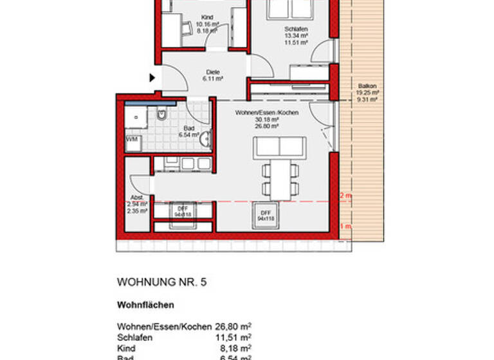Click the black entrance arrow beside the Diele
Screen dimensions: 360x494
point(152,78)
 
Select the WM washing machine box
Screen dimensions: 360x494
point(132,140)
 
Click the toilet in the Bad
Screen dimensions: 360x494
point(161,115)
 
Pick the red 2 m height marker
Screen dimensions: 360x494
point(345,195)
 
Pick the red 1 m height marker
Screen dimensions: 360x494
point(345,226)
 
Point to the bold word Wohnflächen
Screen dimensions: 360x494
point(145,305)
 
